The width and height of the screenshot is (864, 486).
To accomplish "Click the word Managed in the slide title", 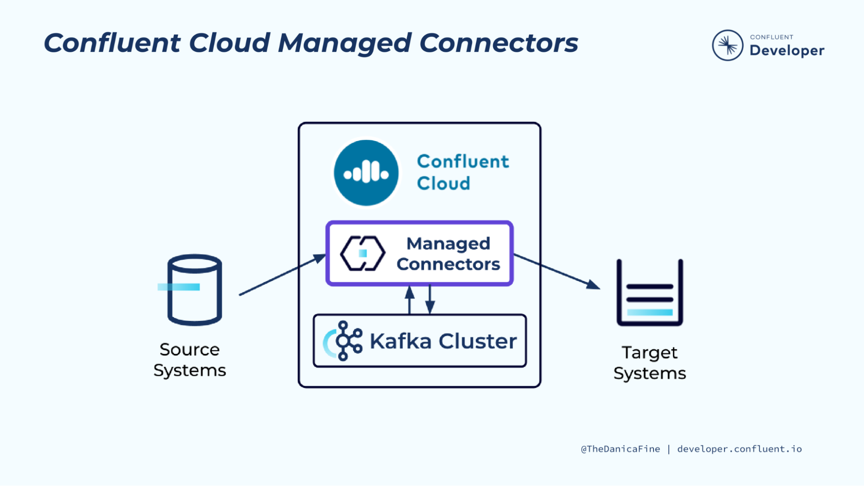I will [x=344, y=43].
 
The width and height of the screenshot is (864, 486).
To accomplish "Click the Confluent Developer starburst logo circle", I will [x=727, y=45].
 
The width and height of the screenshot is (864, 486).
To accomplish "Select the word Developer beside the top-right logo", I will [x=787, y=51].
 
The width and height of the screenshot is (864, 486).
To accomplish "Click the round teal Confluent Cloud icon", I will [x=366, y=173].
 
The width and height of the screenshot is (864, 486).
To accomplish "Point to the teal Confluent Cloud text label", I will [x=462, y=172].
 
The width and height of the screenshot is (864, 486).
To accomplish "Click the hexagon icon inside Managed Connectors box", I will [x=363, y=254].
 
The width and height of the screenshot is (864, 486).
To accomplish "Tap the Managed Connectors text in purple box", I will [x=448, y=254].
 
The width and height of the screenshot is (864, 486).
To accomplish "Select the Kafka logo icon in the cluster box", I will [x=344, y=341].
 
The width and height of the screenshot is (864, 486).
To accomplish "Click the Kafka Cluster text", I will [x=443, y=341].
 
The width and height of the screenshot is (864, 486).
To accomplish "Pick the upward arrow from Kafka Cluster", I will [x=410, y=300].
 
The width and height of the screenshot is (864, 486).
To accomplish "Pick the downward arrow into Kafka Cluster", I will [x=430, y=300].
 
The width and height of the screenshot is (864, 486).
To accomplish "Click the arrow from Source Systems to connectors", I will [x=281, y=275].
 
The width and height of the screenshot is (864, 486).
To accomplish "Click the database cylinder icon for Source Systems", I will [x=194, y=289].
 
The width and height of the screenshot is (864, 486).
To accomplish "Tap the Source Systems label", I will [x=189, y=360].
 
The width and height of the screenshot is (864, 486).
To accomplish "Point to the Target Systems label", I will [x=650, y=363].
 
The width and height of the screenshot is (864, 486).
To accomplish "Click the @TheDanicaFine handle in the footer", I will [x=620, y=449].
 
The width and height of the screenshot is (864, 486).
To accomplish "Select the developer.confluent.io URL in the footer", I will [x=739, y=449].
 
